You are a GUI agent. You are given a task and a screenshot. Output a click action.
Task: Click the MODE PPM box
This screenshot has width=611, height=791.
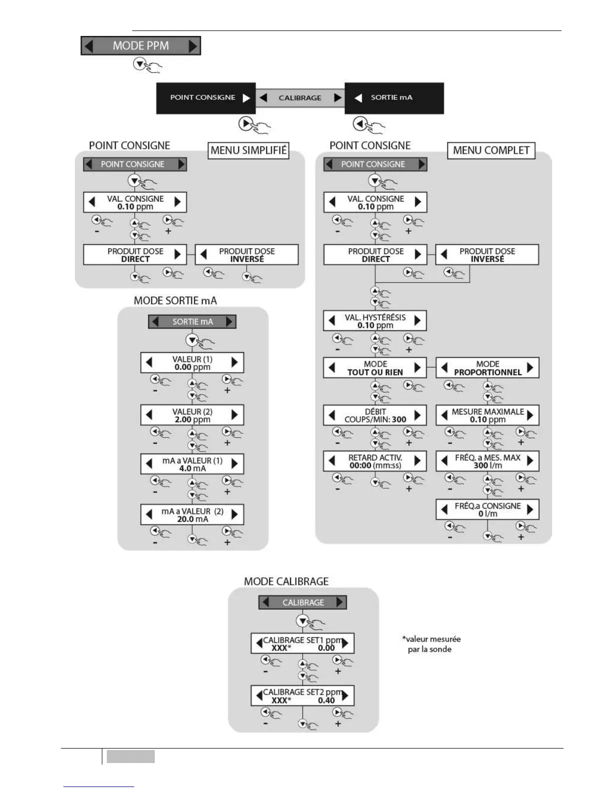(141, 46)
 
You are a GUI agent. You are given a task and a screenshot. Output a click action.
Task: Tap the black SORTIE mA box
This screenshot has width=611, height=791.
(394, 98)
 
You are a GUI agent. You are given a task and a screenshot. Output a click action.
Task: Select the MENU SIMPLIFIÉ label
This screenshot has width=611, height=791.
(249, 150)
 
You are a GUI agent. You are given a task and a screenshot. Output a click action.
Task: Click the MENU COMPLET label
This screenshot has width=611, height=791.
(491, 150)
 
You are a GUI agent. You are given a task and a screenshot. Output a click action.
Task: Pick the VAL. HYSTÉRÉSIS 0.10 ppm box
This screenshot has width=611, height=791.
(375, 321)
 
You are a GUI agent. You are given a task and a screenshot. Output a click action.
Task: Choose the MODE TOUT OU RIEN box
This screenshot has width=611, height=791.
(375, 368)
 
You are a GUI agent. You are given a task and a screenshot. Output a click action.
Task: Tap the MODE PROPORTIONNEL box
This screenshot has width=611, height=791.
(487, 368)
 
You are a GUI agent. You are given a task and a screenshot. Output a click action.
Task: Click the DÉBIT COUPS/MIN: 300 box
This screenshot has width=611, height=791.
(375, 415)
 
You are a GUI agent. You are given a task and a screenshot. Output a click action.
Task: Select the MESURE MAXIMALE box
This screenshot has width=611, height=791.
(487, 415)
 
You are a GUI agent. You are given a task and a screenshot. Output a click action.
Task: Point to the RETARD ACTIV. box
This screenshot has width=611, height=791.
(375, 461)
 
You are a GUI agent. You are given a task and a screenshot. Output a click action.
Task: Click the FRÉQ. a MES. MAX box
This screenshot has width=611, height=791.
(487, 461)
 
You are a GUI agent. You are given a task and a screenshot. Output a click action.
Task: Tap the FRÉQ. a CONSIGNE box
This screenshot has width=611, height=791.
(487, 510)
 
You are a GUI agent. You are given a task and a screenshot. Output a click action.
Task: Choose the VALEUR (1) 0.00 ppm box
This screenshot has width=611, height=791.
(192, 363)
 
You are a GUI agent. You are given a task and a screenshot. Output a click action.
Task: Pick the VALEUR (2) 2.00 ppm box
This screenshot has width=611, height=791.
(192, 415)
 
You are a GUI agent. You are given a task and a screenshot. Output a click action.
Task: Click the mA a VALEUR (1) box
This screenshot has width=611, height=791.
(192, 464)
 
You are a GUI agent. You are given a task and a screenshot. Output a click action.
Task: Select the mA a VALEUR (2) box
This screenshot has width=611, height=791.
(192, 515)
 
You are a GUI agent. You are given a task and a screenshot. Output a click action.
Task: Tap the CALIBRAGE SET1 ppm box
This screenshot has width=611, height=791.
(303, 644)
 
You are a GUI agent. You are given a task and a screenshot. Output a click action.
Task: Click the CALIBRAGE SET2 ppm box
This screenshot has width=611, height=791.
(303, 696)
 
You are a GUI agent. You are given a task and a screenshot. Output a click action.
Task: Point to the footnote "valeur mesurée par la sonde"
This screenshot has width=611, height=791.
(431, 644)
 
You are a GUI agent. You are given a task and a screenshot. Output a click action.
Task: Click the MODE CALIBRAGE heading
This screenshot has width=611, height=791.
(286, 582)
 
